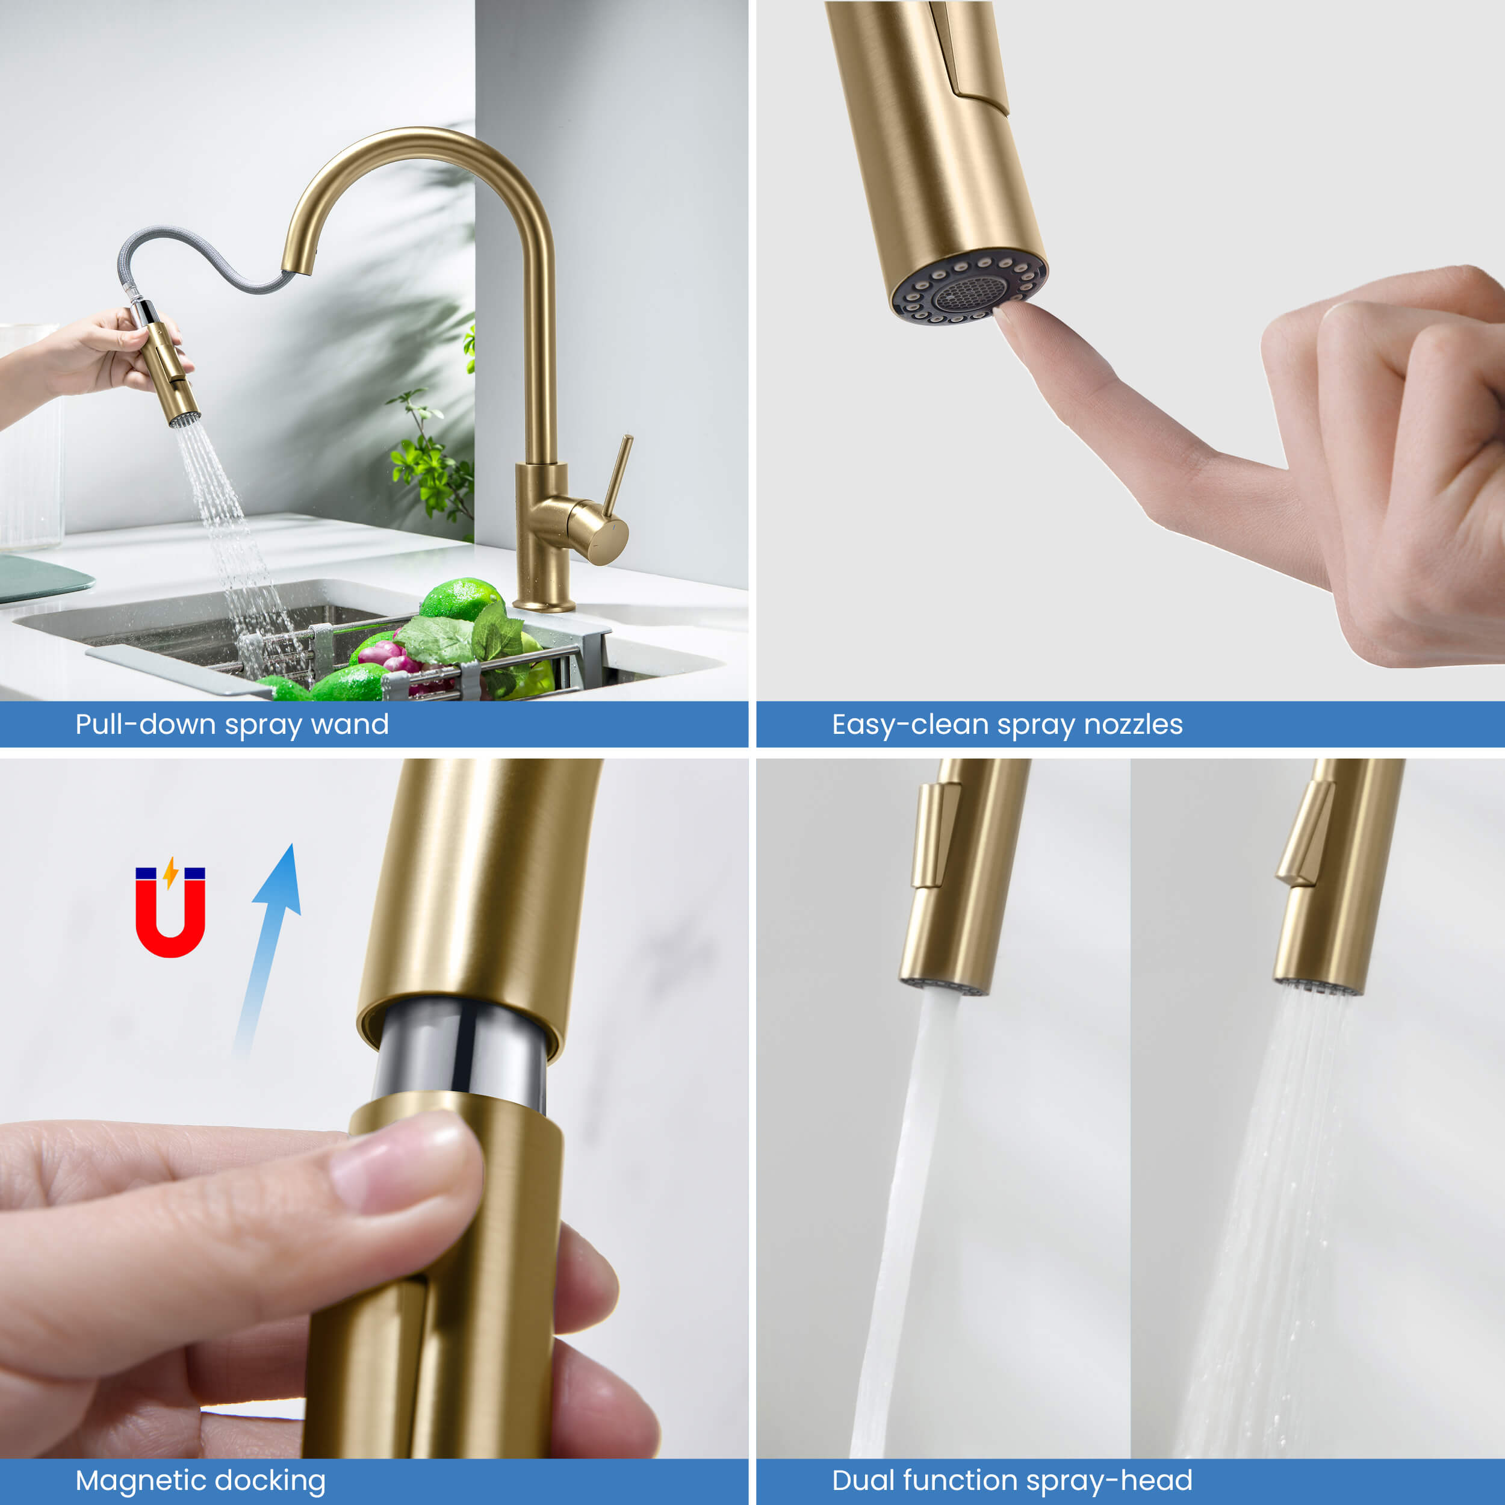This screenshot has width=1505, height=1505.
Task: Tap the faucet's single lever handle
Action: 617,475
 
